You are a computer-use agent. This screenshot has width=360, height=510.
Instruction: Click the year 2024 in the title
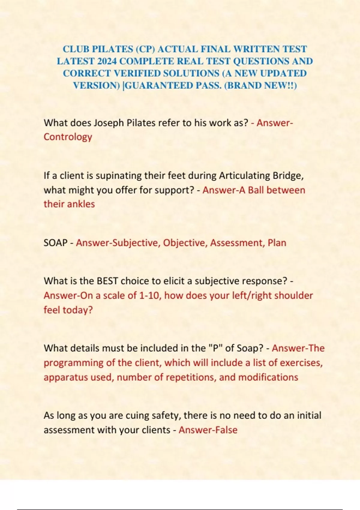pyautogui.click(x=107, y=61)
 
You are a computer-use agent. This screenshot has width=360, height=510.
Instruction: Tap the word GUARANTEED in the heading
pyautogui.click(x=159, y=85)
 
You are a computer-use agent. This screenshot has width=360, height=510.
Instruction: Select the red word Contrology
pyautogui.click(x=68, y=137)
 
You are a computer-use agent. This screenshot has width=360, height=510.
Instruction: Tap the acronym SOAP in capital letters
pyautogui.click(x=55, y=243)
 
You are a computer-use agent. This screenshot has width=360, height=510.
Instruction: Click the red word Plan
pyautogui.click(x=277, y=243)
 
